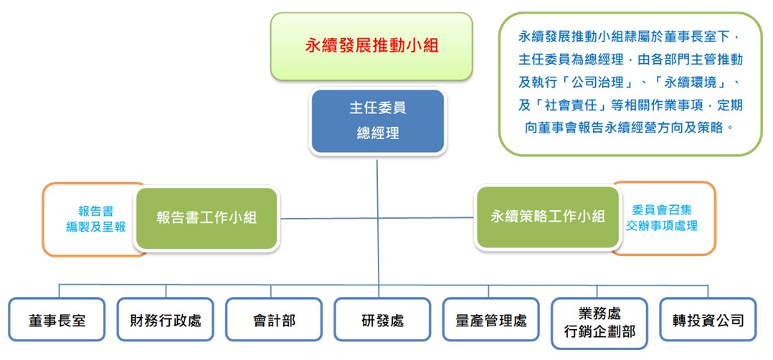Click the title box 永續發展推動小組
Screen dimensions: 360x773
pos(371,46)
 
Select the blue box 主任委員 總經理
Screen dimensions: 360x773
pos(377,121)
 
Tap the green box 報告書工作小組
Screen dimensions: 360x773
pos(207,218)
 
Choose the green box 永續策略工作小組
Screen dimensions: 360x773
pos(548,217)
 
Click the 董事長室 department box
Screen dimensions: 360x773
pos(57,320)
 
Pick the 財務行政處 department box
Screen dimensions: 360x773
pos(166,320)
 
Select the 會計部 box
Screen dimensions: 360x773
pos(274,320)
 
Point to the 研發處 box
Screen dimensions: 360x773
pos(382,320)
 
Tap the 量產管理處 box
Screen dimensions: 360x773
pos(490,320)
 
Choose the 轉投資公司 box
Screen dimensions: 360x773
pos(708,320)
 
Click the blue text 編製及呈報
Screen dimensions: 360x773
pos(95,227)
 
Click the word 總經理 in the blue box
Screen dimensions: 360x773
pos(377,133)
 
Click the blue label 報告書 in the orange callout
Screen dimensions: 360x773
pos(95,211)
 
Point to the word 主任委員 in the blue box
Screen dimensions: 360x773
pos(377,109)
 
